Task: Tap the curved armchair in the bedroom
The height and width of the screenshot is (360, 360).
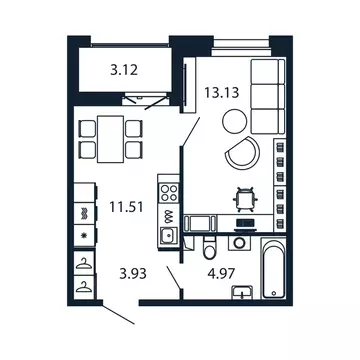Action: tap(243, 153)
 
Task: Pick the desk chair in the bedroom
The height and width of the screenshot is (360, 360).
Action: tap(241, 198)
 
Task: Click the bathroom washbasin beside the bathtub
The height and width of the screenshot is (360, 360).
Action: tap(240, 291)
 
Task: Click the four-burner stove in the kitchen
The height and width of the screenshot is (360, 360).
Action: tap(168, 192)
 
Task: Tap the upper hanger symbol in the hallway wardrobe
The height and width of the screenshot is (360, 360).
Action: tap(81, 264)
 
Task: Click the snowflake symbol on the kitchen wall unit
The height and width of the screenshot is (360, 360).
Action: tap(81, 238)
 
